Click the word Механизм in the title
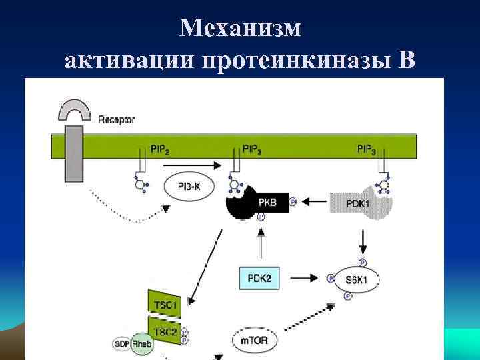coord(240,27)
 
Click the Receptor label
coord(117,120)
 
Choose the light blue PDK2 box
coord(259,277)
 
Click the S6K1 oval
coord(357,277)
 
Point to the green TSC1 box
coord(164,304)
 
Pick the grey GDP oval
coord(121,345)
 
